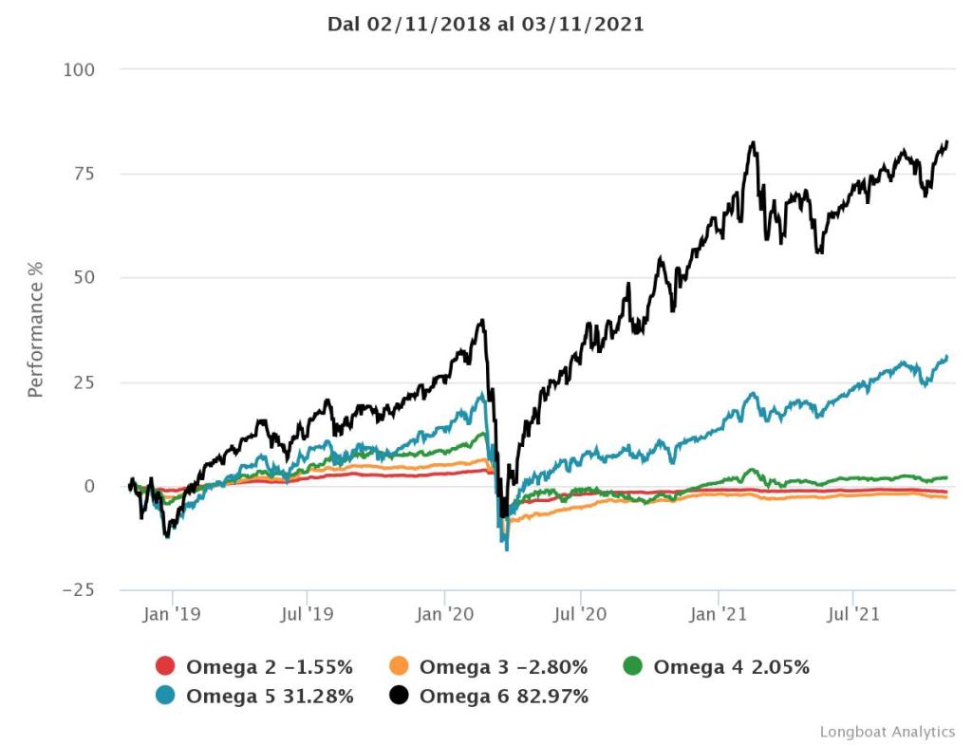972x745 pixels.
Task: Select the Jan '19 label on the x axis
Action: click(172, 615)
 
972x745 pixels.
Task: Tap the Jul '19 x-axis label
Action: click(308, 615)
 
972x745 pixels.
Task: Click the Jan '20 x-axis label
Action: click(444, 615)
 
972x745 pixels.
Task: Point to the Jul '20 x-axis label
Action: click(580, 615)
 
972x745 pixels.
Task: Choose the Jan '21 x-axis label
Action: click(719, 615)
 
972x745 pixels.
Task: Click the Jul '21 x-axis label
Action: click(853, 615)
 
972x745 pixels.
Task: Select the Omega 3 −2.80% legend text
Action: click(503, 667)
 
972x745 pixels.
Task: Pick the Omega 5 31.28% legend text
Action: click(270, 697)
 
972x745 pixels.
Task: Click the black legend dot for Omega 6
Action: click(399, 697)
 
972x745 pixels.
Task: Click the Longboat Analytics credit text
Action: click(887, 732)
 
